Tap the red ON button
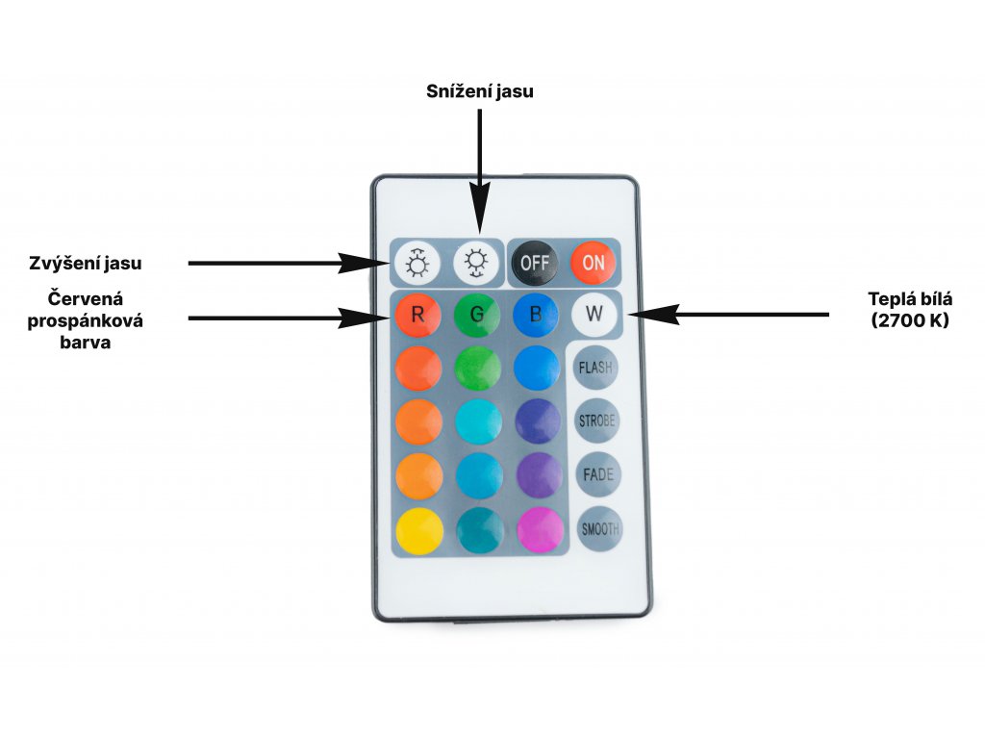[593, 262]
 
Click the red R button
[417, 314]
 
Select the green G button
[477, 314]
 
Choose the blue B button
[536, 314]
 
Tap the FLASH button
[596, 367]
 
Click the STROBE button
[596, 420]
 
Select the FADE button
[596, 474]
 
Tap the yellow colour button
[418, 530]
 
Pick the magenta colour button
[539, 530]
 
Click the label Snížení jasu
[479, 92]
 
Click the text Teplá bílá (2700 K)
[910, 310]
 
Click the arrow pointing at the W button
[731, 314]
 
